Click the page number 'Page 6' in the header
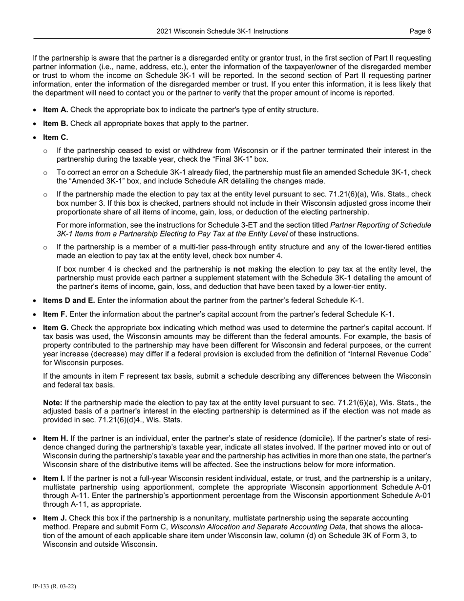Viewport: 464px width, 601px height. point(420,31)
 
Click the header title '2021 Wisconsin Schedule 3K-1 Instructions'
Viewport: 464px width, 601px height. point(222,31)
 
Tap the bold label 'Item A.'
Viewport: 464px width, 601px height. point(56,109)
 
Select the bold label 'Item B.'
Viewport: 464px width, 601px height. point(56,124)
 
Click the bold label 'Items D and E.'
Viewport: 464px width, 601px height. point(69,300)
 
